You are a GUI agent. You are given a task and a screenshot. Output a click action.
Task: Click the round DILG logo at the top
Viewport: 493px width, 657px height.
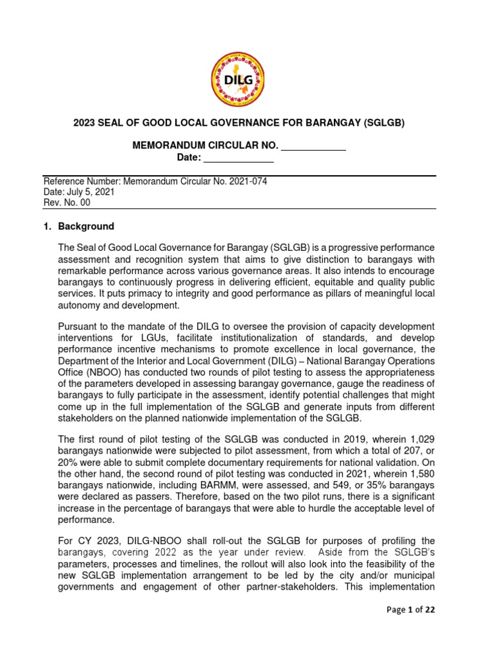tap(238, 80)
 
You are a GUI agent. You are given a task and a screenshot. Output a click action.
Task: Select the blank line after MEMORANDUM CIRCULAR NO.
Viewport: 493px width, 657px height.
tap(314, 146)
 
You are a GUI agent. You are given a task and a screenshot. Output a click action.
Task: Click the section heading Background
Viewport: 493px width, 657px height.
tap(86, 226)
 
